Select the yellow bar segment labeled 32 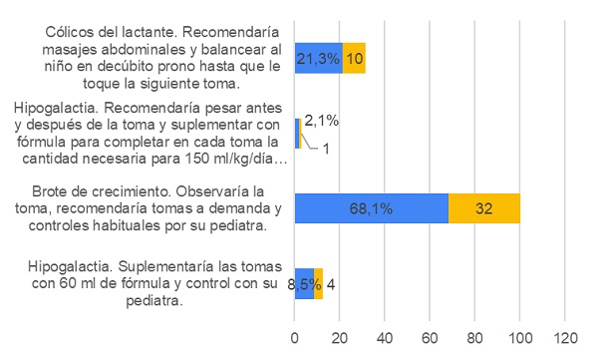click(483, 208)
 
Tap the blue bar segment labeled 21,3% click(318, 58)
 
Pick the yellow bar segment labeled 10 click(354, 58)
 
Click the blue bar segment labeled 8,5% click(304, 284)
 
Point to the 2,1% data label click(321, 122)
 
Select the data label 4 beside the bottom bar click(330, 284)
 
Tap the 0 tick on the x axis click(294, 337)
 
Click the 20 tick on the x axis click(339, 337)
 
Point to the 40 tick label click(385, 337)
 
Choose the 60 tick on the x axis click(430, 337)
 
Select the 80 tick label click(475, 337)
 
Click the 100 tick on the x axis click(520, 337)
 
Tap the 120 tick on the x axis click(565, 337)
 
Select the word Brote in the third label click(52, 190)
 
